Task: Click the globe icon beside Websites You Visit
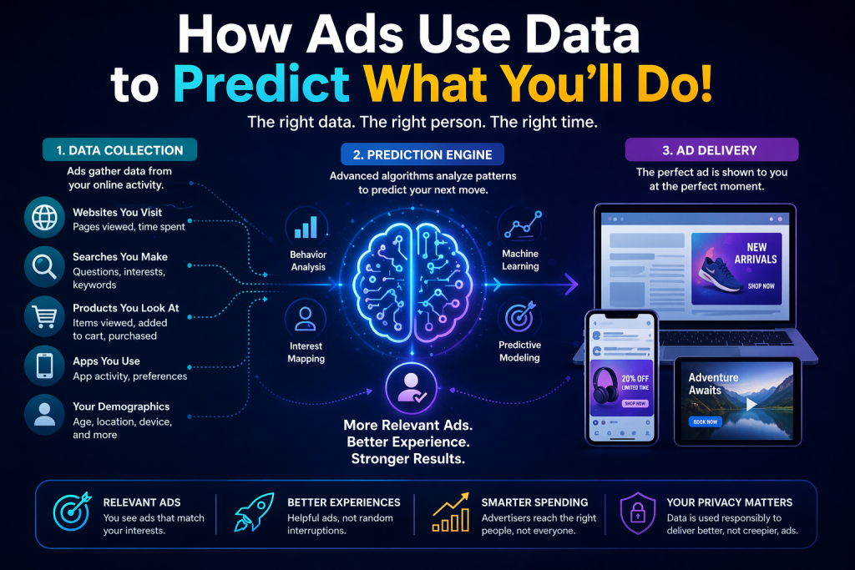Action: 44,218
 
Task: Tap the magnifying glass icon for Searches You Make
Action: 44,267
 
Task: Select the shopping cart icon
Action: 44,316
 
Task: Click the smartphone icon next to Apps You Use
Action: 44,366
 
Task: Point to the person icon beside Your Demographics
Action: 44,415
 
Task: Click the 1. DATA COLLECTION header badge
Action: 120,150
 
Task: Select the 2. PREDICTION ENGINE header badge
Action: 422,154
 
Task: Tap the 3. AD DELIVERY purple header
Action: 711,150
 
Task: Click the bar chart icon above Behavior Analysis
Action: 306,227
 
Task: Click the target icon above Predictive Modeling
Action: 519,317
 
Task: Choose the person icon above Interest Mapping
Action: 306,319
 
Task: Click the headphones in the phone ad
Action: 605,386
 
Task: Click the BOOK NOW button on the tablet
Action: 706,421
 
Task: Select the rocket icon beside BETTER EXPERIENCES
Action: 254,512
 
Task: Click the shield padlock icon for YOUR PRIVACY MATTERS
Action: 637,512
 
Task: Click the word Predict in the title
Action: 261,84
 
